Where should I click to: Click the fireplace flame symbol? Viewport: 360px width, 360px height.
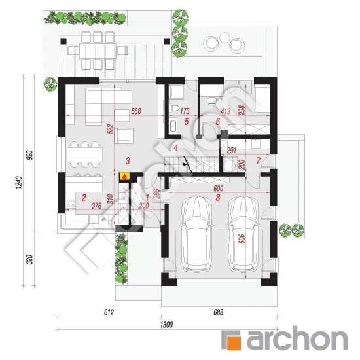(x=124, y=177)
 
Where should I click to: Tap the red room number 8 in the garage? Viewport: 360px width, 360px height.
(x=218, y=198)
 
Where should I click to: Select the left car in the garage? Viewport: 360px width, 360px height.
(x=196, y=234)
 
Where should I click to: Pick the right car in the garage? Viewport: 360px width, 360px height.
(x=243, y=234)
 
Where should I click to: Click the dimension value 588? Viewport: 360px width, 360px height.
(x=136, y=111)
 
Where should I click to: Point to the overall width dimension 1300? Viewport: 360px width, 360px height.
(x=166, y=325)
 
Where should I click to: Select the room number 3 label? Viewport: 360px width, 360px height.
(x=128, y=161)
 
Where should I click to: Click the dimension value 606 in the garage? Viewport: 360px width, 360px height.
(x=242, y=239)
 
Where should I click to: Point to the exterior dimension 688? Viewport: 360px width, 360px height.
(x=218, y=312)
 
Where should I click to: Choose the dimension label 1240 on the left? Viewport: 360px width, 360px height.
(x=19, y=183)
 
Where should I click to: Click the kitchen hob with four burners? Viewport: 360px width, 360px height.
(x=71, y=203)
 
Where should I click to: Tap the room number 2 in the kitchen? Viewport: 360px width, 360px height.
(x=84, y=198)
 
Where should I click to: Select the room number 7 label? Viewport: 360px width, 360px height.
(x=259, y=160)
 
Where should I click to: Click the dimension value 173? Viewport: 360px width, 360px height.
(x=185, y=111)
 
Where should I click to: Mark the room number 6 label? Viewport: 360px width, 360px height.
(x=218, y=122)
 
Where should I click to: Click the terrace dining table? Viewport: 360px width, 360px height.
(x=98, y=51)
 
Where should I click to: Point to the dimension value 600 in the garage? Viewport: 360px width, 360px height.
(x=218, y=189)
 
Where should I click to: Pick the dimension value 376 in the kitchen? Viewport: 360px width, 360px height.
(x=96, y=206)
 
